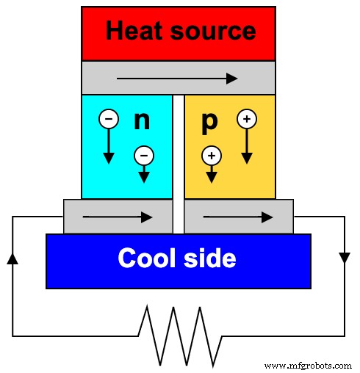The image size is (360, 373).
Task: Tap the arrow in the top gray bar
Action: point(177,78)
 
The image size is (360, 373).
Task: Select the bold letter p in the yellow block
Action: point(209,121)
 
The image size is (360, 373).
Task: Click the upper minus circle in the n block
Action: point(108,118)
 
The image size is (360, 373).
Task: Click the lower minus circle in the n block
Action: point(143,155)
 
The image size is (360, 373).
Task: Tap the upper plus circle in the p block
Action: point(246,118)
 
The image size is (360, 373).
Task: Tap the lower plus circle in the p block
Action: point(211,155)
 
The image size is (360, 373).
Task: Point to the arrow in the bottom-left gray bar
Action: point(118,217)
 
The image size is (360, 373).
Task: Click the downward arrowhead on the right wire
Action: point(344,257)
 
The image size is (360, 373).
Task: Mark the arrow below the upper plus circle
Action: point(246,147)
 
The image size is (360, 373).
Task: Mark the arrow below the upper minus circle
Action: point(108,147)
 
